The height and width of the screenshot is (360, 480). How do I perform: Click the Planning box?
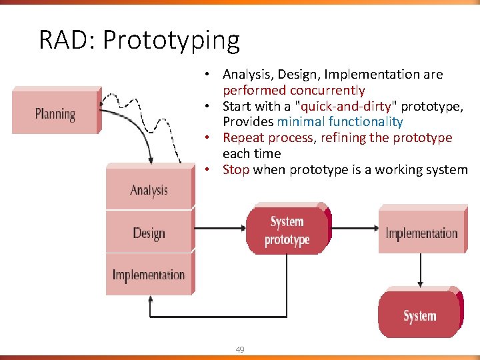[55, 113]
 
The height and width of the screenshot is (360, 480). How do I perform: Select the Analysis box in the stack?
[149, 189]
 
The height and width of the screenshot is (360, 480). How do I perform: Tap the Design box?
[149, 233]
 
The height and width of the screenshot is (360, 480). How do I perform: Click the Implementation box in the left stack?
[149, 275]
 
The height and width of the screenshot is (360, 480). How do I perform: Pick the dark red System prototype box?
[287, 231]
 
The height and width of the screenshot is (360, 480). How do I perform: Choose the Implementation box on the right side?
[421, 233]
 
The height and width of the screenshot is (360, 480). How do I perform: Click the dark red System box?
[419, 315]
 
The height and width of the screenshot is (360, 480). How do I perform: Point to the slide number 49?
[239, 349]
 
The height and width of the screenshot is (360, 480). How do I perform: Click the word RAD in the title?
[65, 40]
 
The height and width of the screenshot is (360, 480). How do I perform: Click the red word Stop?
[236, 170]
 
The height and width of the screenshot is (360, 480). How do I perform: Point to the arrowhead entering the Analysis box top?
[151, 161]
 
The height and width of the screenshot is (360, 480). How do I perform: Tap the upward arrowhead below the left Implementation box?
[151, 301]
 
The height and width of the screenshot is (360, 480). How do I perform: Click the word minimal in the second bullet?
[299, 122]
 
